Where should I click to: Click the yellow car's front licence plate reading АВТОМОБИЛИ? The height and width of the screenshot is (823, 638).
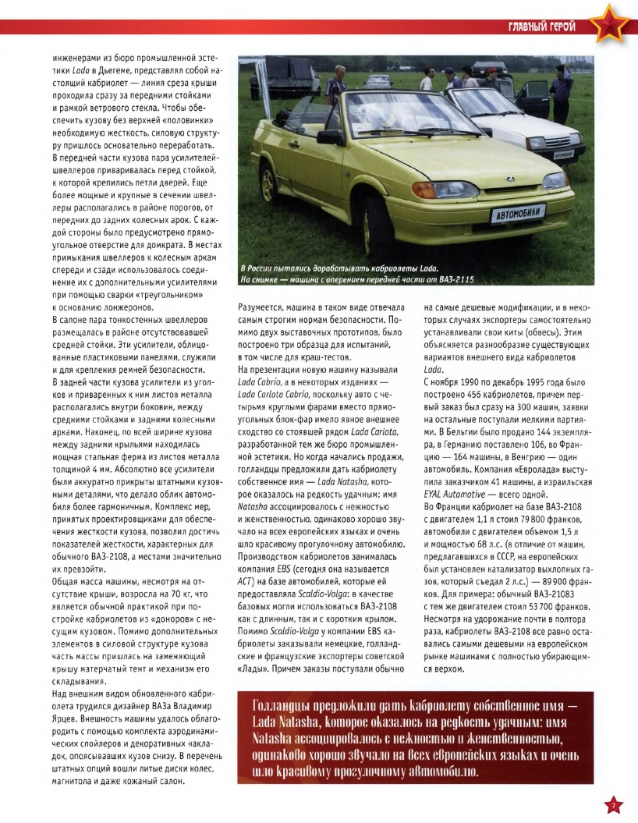tap(516, 214)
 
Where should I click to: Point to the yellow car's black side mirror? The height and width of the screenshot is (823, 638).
tap(329, 137)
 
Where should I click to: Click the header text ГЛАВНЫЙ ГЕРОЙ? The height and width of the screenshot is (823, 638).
tap(542, 29)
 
